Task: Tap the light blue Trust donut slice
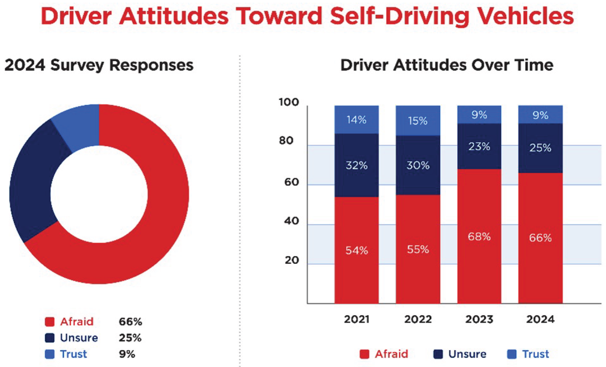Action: [78, 126]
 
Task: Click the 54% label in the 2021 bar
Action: [357, 251]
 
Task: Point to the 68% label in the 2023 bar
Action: [479, 237]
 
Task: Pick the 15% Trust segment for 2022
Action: [418, 121]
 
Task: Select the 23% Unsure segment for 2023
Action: [479, 147]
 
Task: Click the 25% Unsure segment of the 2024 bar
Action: [540, 148]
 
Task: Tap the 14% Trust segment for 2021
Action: [357, 120]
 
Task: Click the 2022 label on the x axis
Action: [418, 319]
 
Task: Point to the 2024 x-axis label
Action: [540, 319]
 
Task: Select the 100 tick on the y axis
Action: [289, 102]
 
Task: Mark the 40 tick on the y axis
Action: [291, 221]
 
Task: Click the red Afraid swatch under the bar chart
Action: [364, 354]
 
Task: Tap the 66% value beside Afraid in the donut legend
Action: [131, 322]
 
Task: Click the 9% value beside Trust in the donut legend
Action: [127, 354]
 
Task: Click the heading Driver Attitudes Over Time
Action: [447, 65]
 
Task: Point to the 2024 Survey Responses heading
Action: [99, 65]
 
